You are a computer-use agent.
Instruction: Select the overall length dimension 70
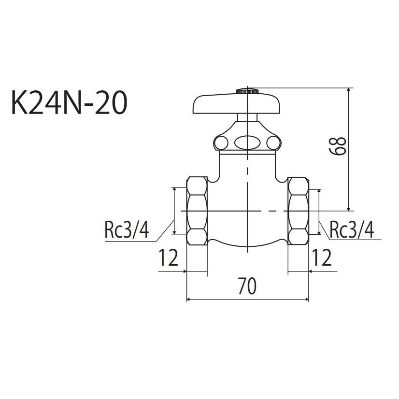(x=247, y=286)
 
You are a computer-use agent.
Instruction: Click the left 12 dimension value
(x=169, y=258)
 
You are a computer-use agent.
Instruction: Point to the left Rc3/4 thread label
(x=127, y=230)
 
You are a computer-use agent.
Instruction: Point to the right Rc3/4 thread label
(x=351, y=230)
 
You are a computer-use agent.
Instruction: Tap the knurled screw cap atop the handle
(x=247, y=90)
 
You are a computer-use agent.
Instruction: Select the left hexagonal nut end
(x=197, y=211)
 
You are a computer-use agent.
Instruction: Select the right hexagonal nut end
(x=298, y=211)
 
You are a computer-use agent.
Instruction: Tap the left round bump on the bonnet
(x=222, y=142)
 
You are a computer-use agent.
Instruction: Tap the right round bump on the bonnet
(x=273, y=142)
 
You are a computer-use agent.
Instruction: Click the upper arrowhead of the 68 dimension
(x=349, y=92)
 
